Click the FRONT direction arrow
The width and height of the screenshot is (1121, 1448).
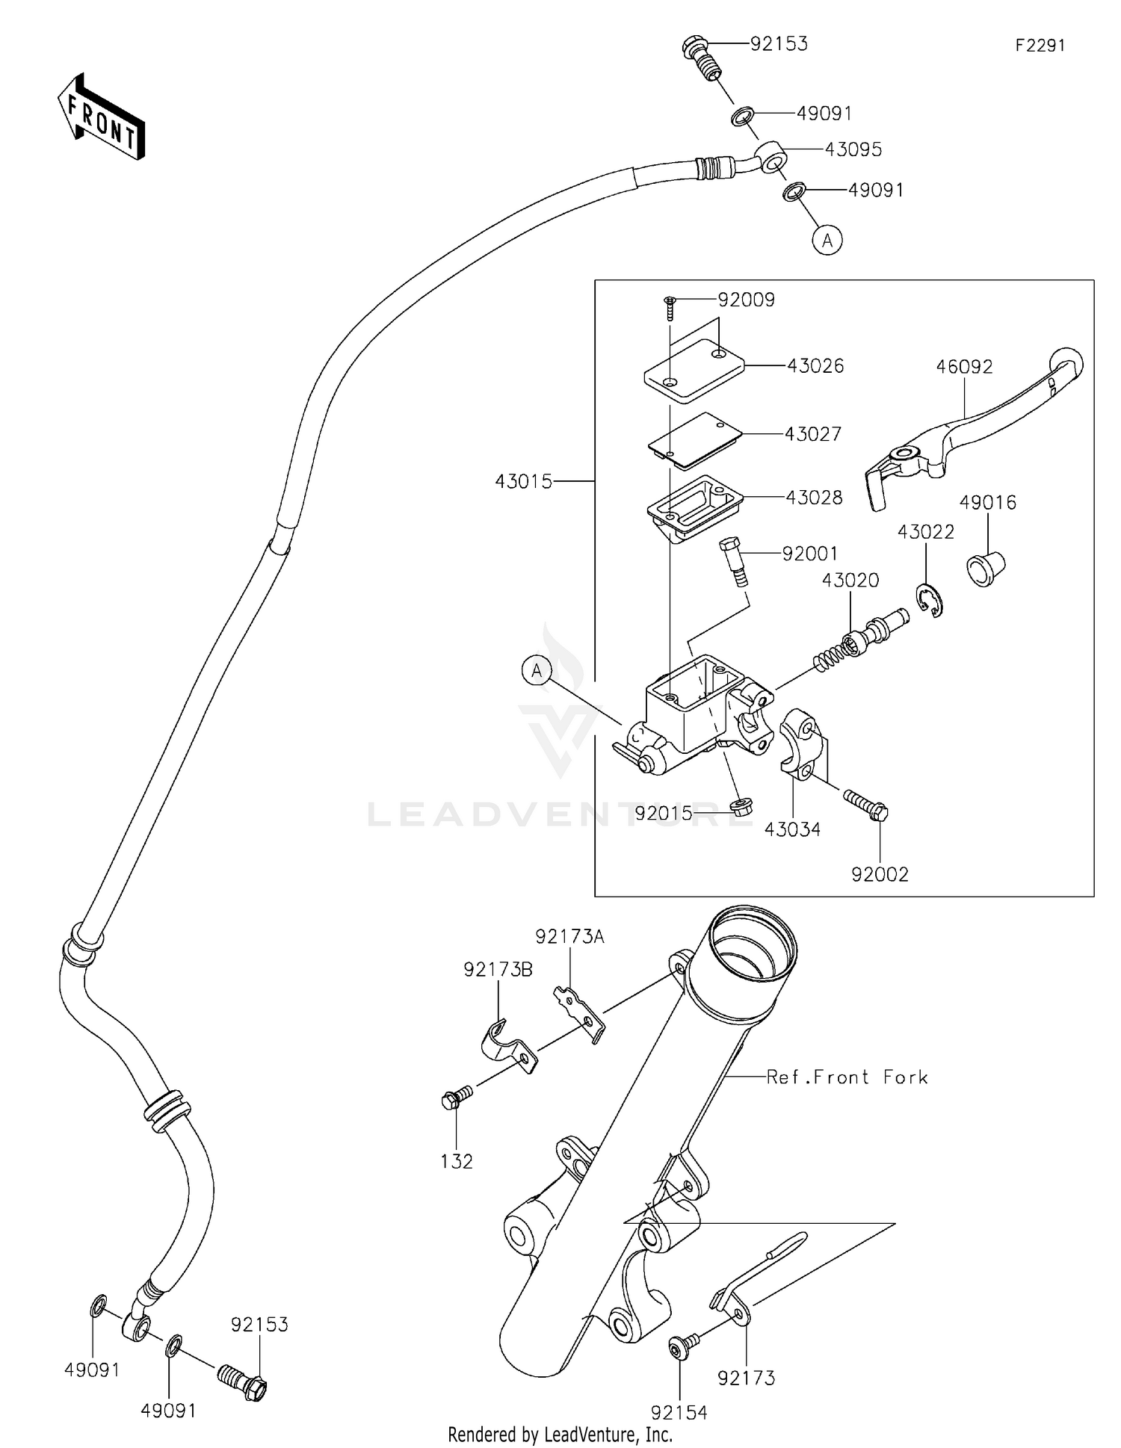(101, 117)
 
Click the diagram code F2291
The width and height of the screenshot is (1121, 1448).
(1040, 46)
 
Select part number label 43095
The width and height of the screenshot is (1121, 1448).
(853, 149)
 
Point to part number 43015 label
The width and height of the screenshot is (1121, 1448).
(523, 482)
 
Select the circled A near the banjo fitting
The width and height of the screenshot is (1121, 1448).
(827, 241)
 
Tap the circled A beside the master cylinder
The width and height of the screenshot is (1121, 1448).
(537, 671)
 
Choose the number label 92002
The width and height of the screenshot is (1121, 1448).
(880, 874)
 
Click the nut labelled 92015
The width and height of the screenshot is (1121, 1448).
(741, 806)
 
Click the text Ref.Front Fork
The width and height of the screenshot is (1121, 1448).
(847, 1077)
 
